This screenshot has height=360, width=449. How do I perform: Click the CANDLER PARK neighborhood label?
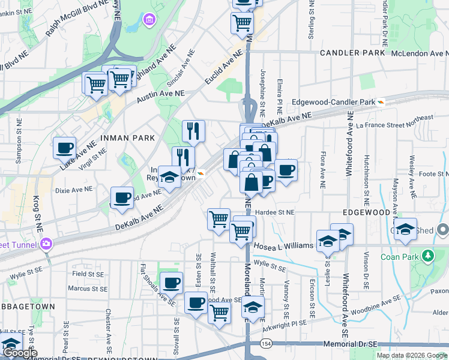point(352,53)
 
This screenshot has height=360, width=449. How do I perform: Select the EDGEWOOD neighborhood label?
point(367,213)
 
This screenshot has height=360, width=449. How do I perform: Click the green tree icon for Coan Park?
point(428,257)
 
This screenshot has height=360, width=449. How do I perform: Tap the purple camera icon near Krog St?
point(46,244)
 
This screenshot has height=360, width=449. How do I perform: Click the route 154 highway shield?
point(266,344)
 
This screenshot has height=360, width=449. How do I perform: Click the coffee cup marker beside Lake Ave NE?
point(64,147)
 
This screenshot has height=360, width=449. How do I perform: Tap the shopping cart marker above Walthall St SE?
point(218,218)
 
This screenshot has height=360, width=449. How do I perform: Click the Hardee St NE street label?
point(277,212)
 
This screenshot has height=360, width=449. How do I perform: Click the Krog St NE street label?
point(37,214)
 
